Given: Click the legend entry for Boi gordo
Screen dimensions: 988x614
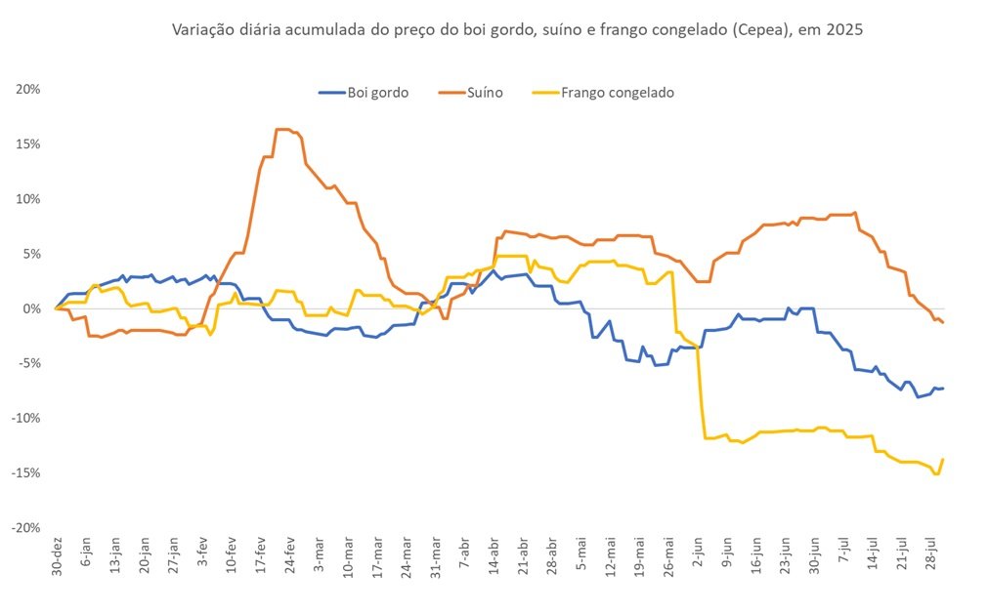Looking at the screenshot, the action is [x=364, y=93].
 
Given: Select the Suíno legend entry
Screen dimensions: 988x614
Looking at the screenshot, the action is [x=471, y=93].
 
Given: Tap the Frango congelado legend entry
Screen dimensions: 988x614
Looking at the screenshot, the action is [x=604, y=93].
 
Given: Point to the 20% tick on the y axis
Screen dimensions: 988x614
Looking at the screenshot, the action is [x=28, y=90].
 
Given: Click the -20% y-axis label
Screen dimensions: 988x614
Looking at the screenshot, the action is [x=25, y=528].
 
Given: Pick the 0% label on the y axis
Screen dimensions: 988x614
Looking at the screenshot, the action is [x=32, y=308].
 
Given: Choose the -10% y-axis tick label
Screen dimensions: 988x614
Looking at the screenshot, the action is [x=25, y=419].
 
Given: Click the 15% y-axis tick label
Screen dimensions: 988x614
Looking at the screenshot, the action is [x=28, y=144].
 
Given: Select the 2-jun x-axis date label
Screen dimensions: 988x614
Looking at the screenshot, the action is [x=698, y=553].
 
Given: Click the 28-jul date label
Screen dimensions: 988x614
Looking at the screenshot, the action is [x=930, y=553].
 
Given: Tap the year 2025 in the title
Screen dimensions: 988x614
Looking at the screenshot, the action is [x=844, y=29].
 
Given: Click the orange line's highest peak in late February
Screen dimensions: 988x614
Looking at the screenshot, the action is [x=282, y=130].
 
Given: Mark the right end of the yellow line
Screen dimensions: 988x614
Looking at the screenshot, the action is [x=943, y=459].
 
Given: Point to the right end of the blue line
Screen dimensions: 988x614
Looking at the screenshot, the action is [x=943, y=389].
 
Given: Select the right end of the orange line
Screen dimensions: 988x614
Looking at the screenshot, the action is [x=943, y=322].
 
